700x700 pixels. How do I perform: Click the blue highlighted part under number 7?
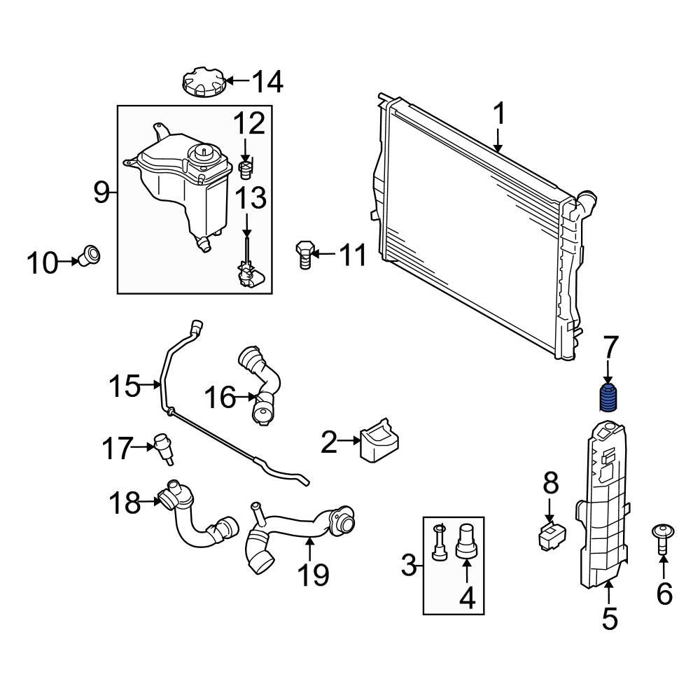608,398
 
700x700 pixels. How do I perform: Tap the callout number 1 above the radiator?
499,114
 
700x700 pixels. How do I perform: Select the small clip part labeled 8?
550,535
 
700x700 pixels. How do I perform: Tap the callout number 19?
312,574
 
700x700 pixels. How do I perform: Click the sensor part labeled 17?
165,447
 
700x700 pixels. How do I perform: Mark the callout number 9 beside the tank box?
102,191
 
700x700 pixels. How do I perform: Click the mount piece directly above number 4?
466,540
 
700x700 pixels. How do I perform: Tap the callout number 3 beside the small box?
409,564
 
